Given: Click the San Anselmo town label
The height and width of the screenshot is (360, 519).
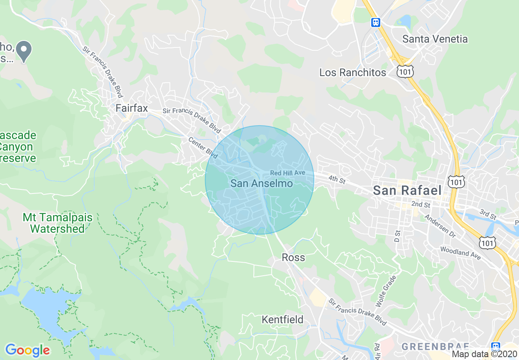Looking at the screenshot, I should pos(262,183).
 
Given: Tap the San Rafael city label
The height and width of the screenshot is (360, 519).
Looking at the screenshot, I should pos(407,190).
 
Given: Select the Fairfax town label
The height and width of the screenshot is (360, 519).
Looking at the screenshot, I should pos(131,108).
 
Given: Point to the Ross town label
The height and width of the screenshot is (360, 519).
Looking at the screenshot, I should pos(293,257).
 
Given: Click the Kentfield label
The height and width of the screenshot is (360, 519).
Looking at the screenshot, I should pos(282,319).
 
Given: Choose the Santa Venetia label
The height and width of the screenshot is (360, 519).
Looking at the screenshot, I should pos(435,39).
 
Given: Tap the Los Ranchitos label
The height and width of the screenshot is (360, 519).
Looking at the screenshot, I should pos(352,73).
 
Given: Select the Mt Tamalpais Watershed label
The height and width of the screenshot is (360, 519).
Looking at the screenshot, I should pos(57,223).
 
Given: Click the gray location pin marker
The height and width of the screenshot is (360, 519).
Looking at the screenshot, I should pos(24,51).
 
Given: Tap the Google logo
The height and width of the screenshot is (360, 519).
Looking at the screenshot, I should pos(27,350).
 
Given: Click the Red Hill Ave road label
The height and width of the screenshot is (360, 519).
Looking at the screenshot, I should pos(288,173).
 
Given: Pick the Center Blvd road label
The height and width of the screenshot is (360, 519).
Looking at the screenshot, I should pos(203,147).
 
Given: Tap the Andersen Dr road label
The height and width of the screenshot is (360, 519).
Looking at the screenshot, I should pos(440,226).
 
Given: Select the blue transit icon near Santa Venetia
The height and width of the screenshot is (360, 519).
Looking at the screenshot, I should pos(376,22).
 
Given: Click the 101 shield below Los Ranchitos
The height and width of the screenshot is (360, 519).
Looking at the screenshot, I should pos(405,72).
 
